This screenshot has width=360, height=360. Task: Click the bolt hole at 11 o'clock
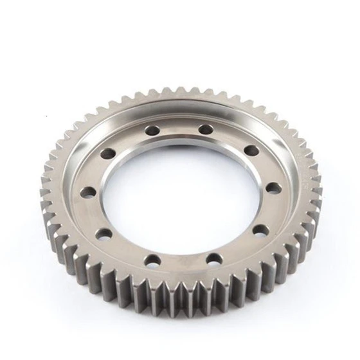[152, 130]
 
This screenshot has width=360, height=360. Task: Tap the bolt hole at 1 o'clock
[206, 130]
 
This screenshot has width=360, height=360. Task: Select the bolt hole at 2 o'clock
[251, 150]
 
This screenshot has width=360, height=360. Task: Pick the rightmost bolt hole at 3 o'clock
[273, 188]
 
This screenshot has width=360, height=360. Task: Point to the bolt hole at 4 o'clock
[259, 230]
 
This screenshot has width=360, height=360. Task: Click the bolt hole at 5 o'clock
[214, 259]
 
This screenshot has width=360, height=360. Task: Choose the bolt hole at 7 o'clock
[153, 260]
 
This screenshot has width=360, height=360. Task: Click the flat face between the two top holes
[179, 127]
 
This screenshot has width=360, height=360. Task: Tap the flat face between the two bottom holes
[184, 264]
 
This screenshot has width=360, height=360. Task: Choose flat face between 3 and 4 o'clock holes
[270, 210]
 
